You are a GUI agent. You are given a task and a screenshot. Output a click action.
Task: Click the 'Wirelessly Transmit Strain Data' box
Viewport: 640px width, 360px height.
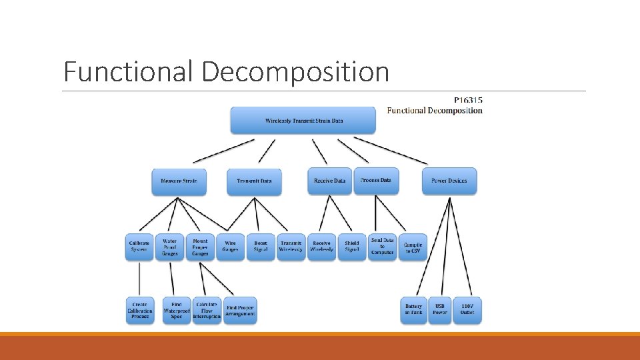click(x=304, y=121)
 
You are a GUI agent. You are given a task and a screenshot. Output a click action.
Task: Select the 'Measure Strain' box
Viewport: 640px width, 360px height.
click(x=179, y=181)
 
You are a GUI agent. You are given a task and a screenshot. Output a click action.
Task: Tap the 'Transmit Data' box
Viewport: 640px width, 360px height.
click(x=254, y=181)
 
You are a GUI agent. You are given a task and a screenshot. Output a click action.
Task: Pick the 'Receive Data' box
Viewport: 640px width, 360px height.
click(x=329, y=181)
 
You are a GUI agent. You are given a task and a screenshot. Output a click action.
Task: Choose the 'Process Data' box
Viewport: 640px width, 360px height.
click(x=376, y=181)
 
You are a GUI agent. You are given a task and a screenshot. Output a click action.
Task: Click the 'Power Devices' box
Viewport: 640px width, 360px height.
click(x=449, y=181)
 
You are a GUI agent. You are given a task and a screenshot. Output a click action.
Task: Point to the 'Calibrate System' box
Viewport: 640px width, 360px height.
click(x=139, y=247)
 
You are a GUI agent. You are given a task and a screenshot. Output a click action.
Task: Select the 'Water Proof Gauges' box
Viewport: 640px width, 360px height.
click(x=170, y=247)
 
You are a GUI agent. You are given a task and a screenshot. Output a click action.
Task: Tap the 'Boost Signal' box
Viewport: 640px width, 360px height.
click(x=261, y=247)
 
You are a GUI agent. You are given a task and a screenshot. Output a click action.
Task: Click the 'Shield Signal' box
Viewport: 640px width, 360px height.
click(x=352, y=247)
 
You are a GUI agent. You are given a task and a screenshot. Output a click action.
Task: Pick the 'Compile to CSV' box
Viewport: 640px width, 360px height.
click(x=413, y=247)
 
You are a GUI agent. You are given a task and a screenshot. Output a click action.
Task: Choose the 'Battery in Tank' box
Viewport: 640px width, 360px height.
click(x=413, y=310)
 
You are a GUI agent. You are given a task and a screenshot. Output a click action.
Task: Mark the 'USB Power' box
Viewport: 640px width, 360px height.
click(x=440, y=310)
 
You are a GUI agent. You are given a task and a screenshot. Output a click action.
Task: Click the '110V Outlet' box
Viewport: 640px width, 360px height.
click(x=467, y=310)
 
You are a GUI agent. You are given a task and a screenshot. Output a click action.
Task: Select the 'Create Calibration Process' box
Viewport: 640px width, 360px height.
click(x=140, y=310)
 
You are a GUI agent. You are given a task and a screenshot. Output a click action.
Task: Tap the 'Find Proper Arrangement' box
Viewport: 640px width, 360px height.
click(x=241, y=310)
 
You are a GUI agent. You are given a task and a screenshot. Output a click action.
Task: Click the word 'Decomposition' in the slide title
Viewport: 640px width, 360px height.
click(x=295, y=71)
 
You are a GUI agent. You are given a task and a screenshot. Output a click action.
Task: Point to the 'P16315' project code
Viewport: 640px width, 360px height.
click(x=468, y=101)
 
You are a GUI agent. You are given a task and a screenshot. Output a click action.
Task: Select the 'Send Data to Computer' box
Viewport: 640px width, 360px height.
click(x=383, y=247)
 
